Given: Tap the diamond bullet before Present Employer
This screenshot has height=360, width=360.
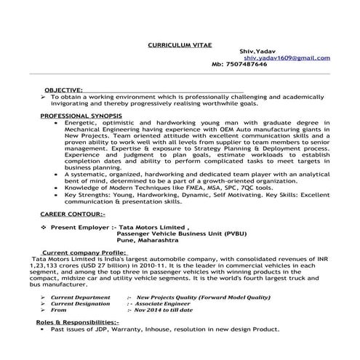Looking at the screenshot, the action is tap(44, 228).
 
